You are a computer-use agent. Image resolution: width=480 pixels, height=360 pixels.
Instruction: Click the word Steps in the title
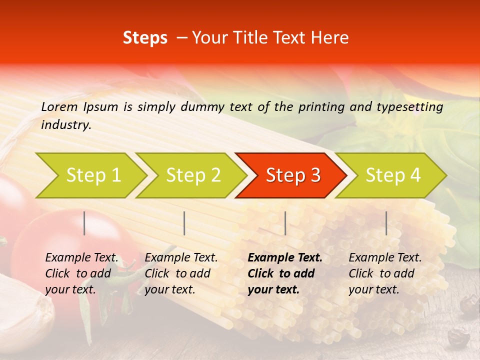(145, 38)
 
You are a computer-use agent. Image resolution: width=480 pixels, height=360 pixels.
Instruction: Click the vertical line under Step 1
(84, 223)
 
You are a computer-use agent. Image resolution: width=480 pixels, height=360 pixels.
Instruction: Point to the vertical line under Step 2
(184, 223)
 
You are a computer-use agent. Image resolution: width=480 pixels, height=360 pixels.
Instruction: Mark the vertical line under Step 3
(285, 223)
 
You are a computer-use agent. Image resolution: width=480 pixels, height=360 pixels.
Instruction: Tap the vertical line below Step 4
(386, 223)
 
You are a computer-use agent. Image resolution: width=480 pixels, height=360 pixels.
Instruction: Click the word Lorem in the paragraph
(59, 106)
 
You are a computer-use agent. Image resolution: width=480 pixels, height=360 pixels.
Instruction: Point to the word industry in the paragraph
(66, 125)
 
